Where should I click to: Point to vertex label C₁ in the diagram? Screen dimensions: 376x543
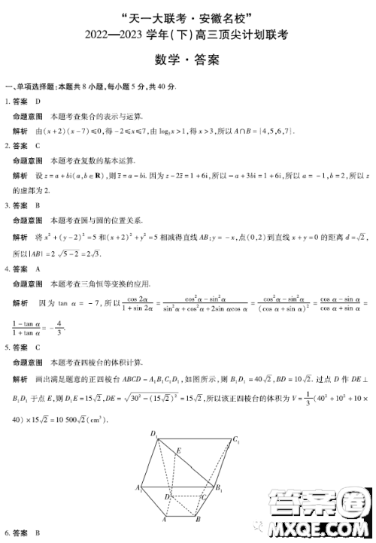point(236,439)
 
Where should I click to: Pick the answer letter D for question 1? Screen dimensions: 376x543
point(38,101)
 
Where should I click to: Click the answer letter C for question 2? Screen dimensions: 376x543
point(38,146)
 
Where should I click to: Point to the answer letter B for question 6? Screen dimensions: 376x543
point(38,533)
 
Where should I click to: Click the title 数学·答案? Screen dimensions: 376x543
point(189,60)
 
